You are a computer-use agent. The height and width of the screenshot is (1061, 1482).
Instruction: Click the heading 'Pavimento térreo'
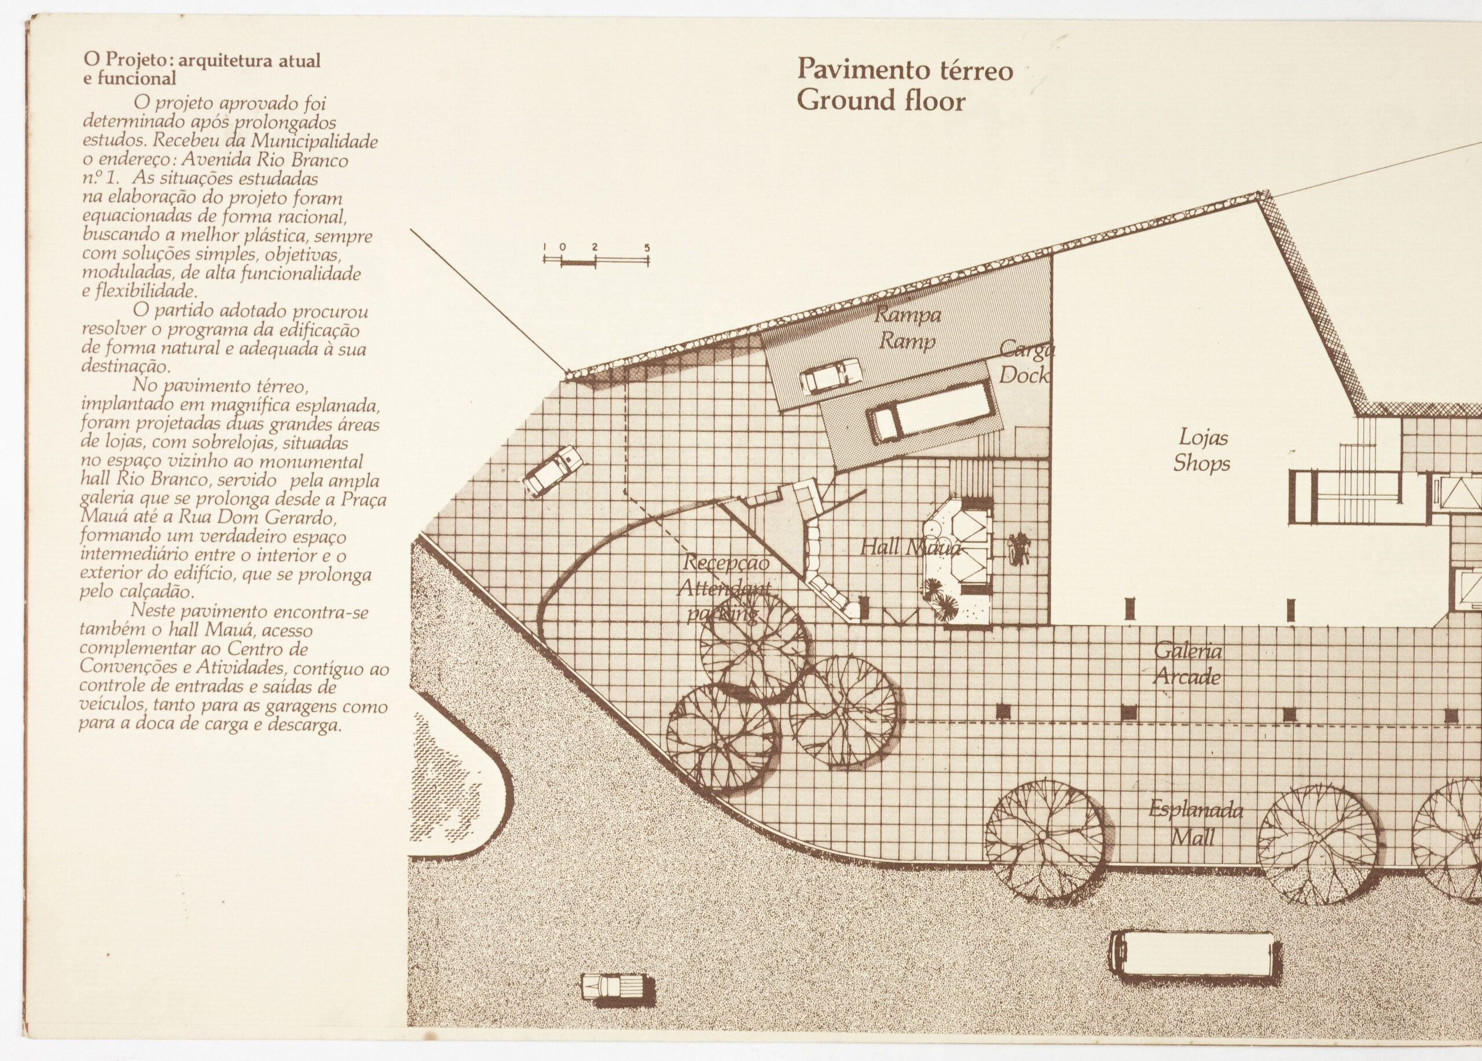[x=904, y=70]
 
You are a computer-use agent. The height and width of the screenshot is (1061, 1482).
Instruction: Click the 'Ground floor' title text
[x=880, y=101]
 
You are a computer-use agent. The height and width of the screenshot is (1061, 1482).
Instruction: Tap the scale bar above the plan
[x=596, y=259]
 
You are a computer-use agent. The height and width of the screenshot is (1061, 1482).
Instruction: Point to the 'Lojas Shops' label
[x=1201, y=450]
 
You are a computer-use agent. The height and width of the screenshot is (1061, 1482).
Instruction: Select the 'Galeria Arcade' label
[x=1187, y=664]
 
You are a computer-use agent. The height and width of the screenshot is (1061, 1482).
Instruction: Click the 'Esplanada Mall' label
[x=1195, y=823]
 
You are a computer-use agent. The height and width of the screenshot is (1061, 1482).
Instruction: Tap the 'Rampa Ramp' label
[x=908, y=328]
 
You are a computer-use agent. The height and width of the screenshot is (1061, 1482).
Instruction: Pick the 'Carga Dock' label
[x=1026, y=363]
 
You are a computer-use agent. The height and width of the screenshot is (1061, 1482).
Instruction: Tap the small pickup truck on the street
[x=617, y=986]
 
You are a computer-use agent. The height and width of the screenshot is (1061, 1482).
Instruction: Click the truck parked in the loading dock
[x=934, y=413]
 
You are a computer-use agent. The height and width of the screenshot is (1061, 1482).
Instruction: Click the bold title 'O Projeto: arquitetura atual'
[x=201, y=61]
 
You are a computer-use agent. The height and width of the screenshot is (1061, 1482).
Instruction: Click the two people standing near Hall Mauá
[x=1018, y=547]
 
